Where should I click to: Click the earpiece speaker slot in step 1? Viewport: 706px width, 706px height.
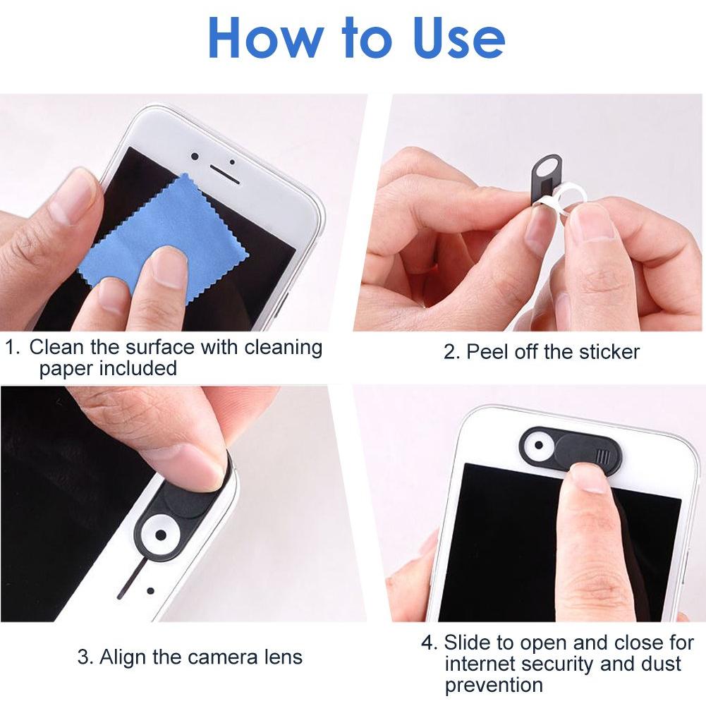pyautogui.click(x=225, y=174)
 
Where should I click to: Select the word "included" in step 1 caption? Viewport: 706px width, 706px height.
pyautogui.click(x=138, y=368)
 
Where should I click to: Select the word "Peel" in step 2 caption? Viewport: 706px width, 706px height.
pyautogui.click(x=485, y=352)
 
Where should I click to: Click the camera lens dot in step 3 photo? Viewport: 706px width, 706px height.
pyautogui.click(x=160, y=535)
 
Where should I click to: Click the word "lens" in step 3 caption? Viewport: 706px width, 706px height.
pyautogui.click(x=284, y=657)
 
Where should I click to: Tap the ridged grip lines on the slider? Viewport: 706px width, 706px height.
pyautogui.click(x=602, y=456)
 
